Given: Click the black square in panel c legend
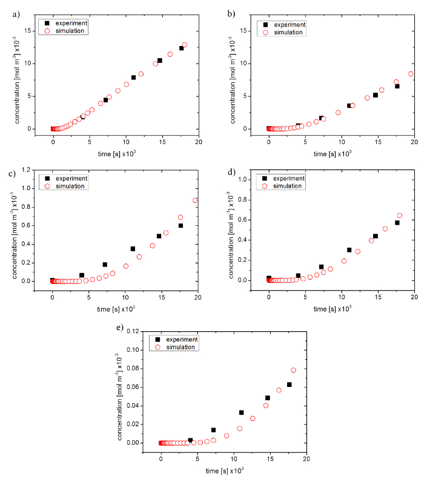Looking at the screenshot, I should (x=46, y=179).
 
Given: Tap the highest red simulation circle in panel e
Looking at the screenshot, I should (x=294, y=370).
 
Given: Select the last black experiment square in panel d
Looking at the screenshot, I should (x=397, y=223).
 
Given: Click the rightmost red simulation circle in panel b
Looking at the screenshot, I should (x=411, y=74).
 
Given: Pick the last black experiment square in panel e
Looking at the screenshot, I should (x=289, y=385).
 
